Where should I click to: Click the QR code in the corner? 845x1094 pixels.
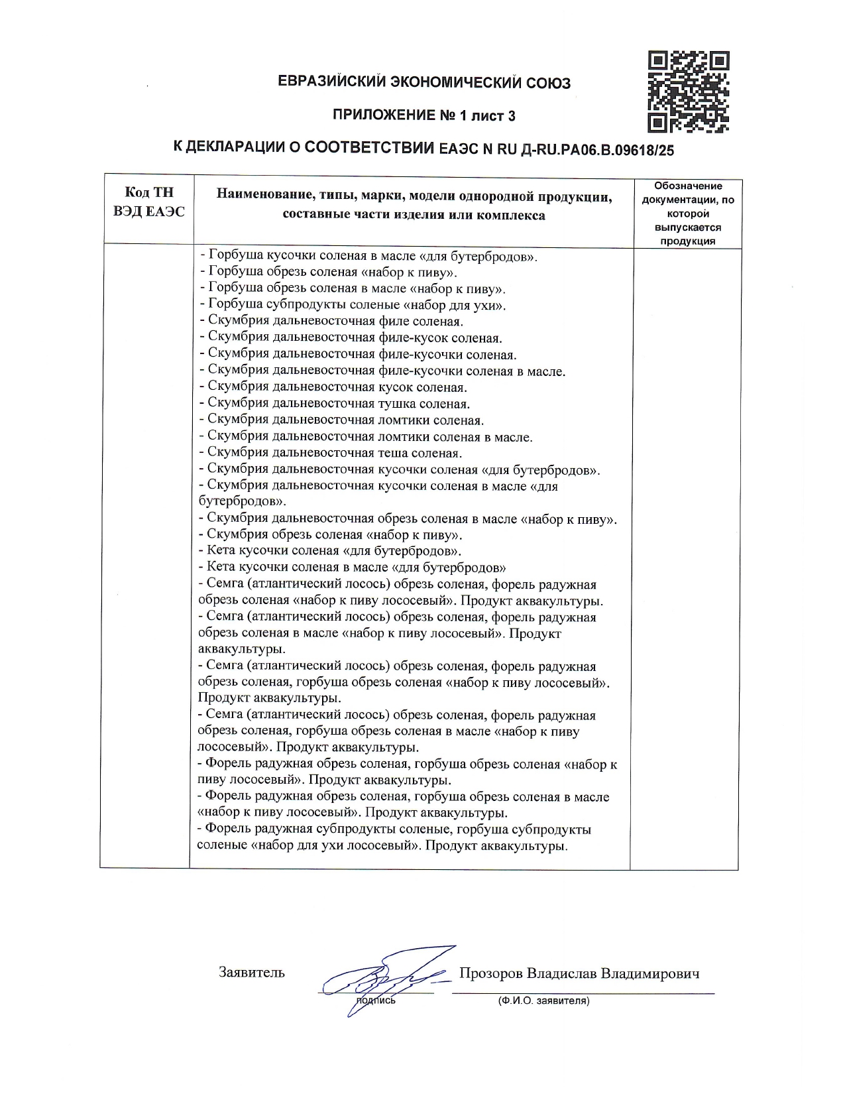tap(689, 91)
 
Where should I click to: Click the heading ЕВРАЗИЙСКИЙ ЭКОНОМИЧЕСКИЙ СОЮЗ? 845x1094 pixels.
tap(423, 84)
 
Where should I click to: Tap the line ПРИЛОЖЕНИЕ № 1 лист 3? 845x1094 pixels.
tap(423, 116)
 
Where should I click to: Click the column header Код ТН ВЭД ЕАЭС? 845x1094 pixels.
tap(149, 202)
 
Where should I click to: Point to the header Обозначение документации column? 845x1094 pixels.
tap(688, 213)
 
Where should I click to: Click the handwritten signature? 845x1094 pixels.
tap(381, 979)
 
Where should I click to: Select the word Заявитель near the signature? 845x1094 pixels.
tap(252, 973)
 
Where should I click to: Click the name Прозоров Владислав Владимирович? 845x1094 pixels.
tap(579, 973)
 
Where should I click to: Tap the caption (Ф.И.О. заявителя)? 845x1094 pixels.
tap(543, 1001)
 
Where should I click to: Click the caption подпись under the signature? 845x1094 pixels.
tap(376, 1001)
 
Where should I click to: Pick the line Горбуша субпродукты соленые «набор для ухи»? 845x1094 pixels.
tap(353, 306)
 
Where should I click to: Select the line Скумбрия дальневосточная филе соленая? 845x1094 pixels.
tap(331, 322)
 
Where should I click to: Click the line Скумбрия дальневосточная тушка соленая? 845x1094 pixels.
tap(335, 404)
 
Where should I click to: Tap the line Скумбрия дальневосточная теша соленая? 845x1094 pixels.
tap(331, 453)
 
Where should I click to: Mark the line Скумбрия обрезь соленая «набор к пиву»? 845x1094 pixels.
tap(331, 534)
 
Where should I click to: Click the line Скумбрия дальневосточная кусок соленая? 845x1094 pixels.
tap(333, 387)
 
